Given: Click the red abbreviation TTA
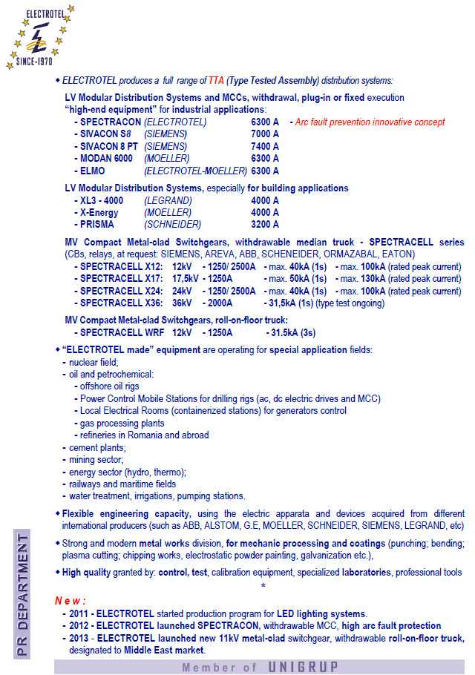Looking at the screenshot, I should [x=217, y=80].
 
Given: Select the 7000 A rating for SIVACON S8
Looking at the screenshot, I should [x=265, y=134].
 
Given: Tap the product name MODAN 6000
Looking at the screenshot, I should [x=106, y=159].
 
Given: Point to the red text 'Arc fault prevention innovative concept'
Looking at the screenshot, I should [x=370, y=122].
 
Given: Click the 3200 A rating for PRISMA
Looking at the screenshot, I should [x=265, y=225].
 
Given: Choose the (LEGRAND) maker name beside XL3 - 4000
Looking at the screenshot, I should [x=168, y=200].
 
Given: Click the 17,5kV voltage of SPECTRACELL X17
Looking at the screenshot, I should [x=186, y=279].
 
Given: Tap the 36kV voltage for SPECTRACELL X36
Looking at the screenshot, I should [x=182, y=303].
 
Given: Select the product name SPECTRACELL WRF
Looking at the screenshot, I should [x=121, y=333].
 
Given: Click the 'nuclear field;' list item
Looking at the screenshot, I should [x=94, y=362].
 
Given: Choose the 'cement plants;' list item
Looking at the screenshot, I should [x=97, y=447].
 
